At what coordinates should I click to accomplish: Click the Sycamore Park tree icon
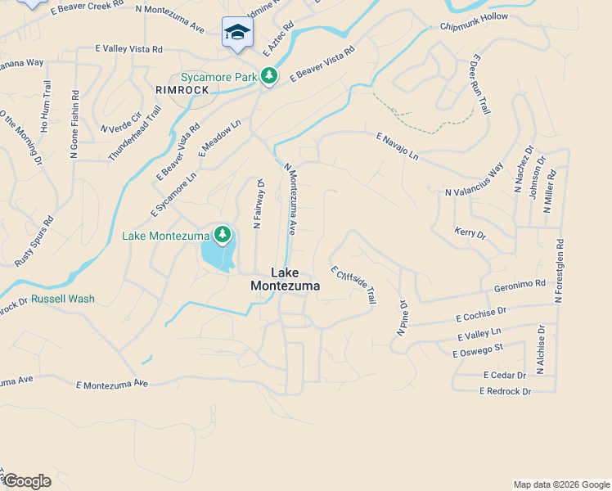(268, 76)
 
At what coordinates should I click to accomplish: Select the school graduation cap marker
(237, 32)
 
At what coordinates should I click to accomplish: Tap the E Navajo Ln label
(397, 146)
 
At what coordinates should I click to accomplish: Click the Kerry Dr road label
(470, 234)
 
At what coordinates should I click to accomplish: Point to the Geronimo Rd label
(520, 287)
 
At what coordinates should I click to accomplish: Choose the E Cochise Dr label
(481, 315)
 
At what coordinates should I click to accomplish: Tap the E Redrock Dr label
(505, 392)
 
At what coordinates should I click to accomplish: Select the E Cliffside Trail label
(353, 285)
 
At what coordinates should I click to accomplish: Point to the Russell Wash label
(63, 299)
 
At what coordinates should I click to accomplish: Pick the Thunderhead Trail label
(134, 137)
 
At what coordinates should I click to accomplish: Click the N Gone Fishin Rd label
(74, 124)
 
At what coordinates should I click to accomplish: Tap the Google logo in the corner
(26, 481)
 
